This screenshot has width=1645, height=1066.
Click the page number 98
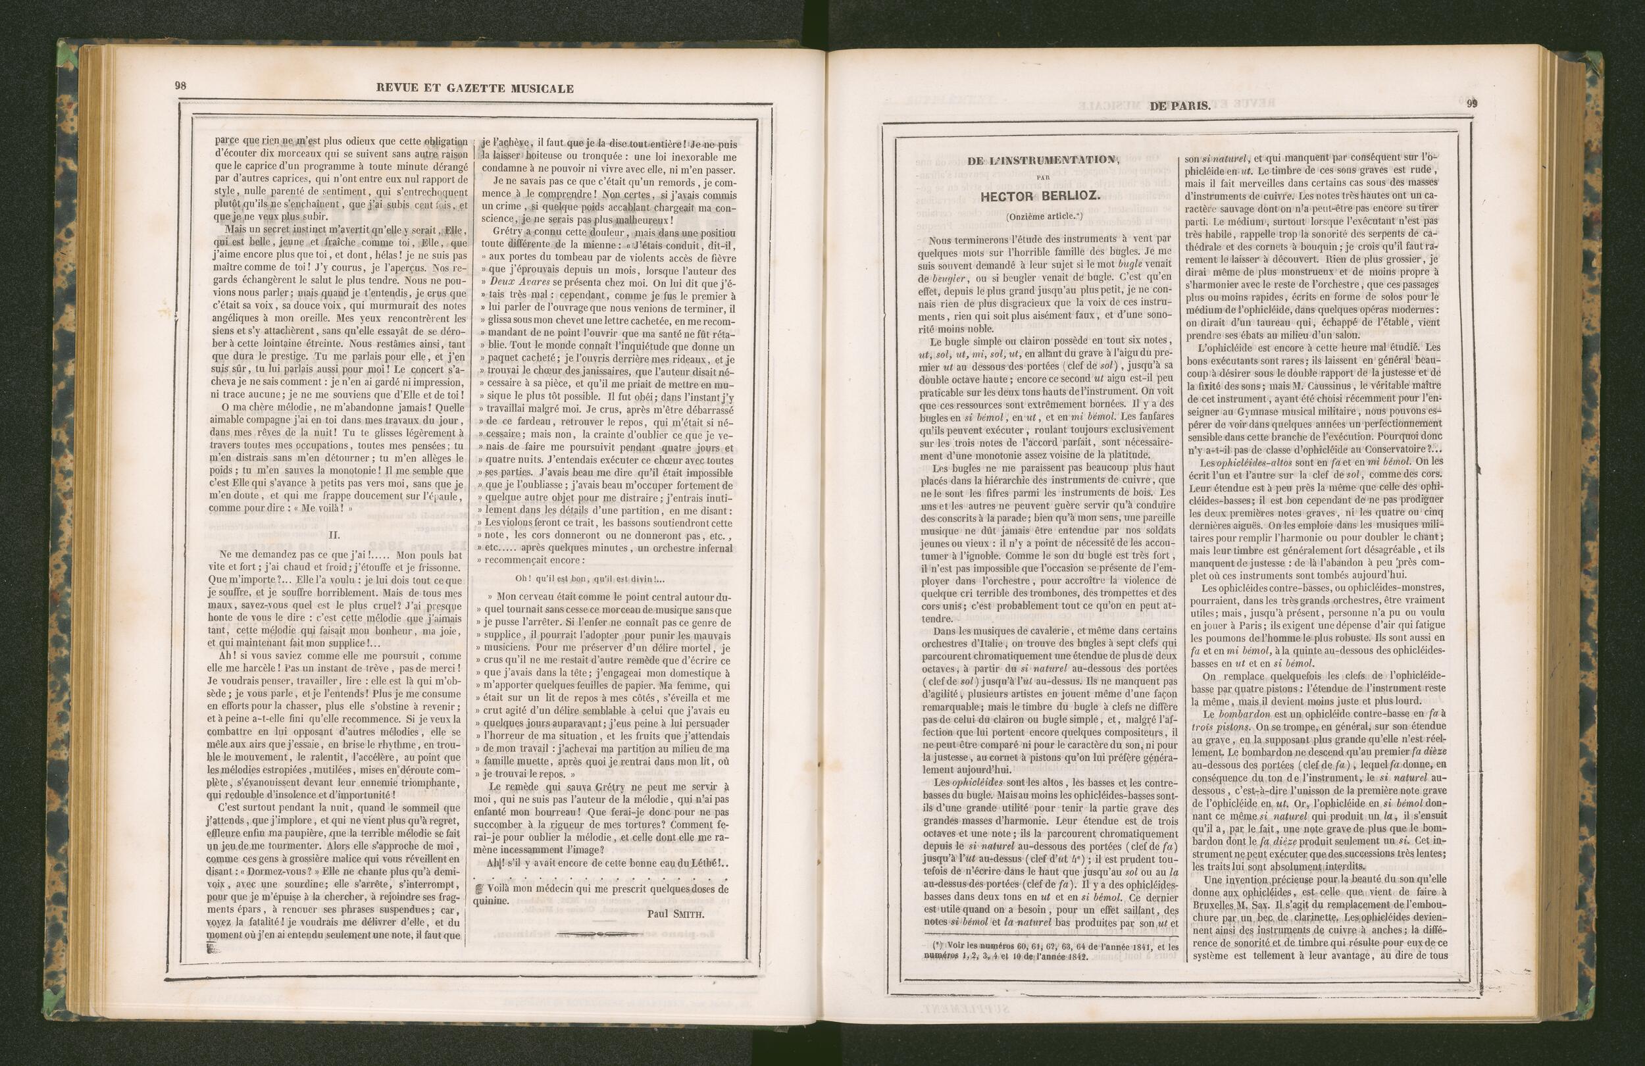(x=181, y=87)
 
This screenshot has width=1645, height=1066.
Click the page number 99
(x=1472, y=105)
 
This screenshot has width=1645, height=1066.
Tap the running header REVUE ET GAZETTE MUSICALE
(x=474, y=88)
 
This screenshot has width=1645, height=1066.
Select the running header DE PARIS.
(x=1180, y=106)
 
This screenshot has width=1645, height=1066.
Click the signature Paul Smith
(x=676, y=913)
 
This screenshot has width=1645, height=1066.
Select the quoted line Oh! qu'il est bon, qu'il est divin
(x=590, y=578)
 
